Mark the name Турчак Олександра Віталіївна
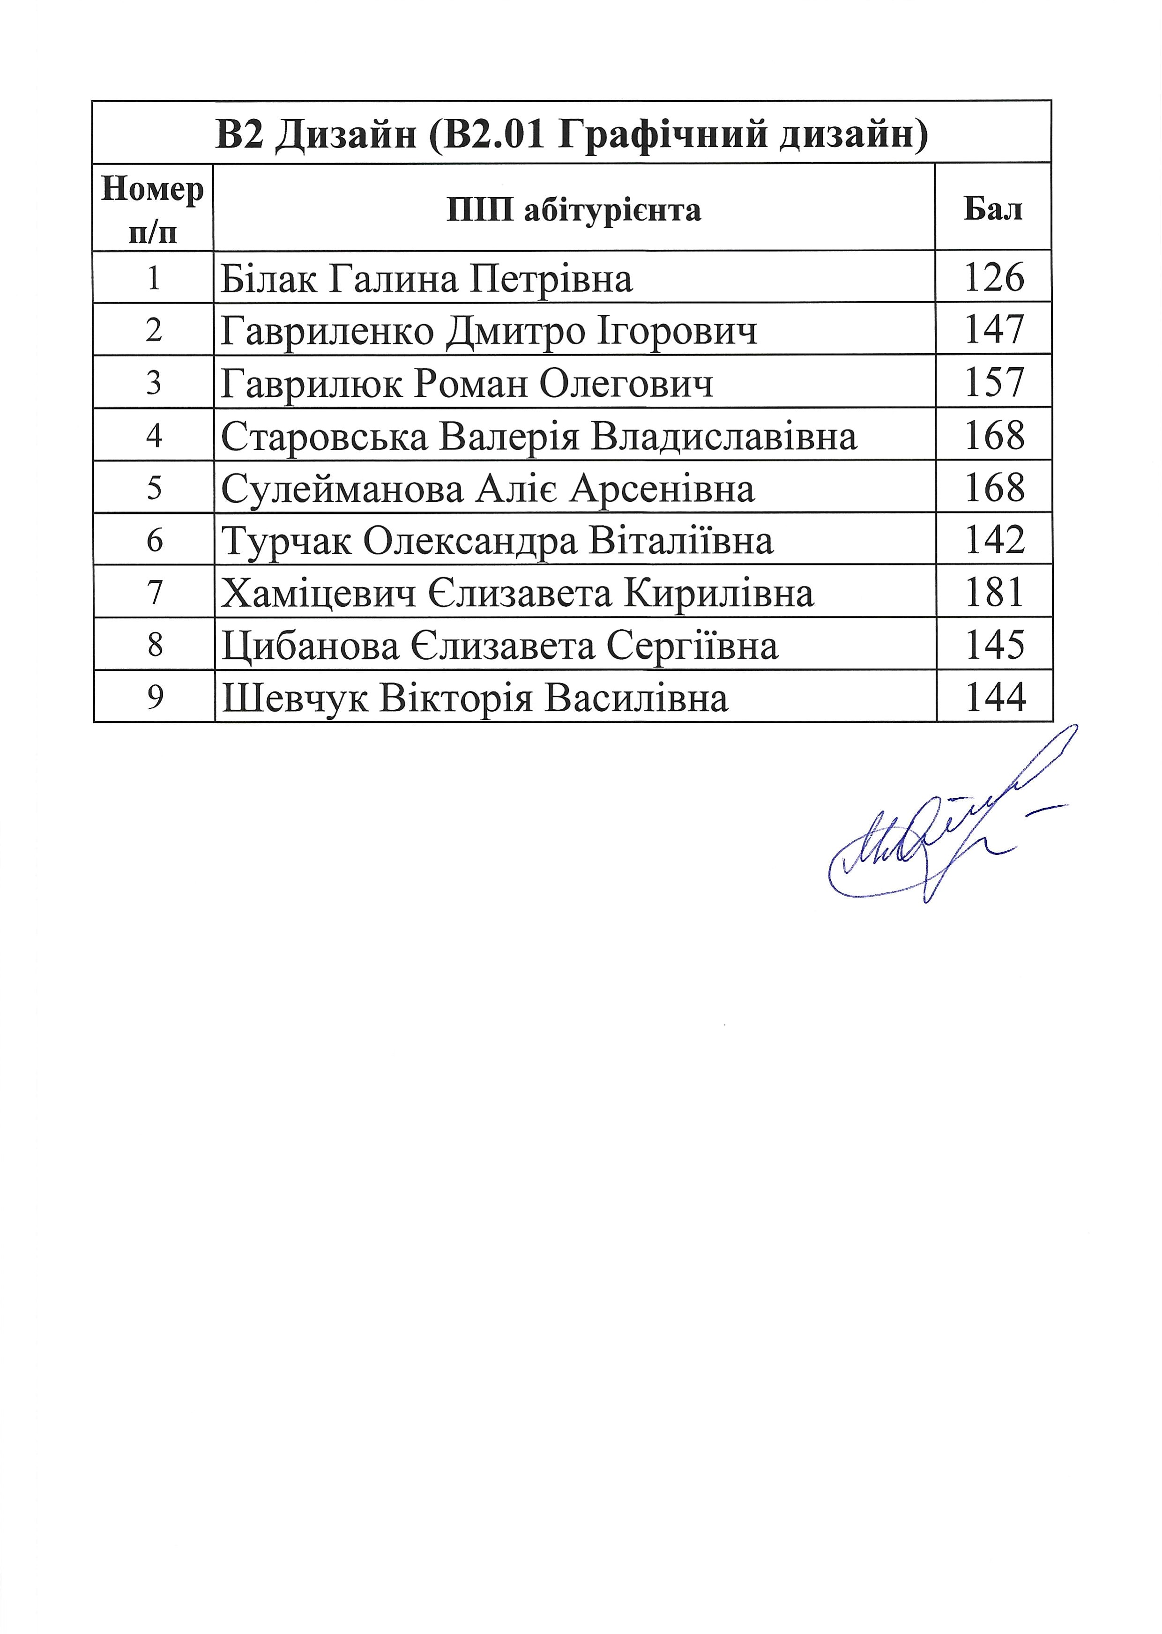click(x=497, y=542)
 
